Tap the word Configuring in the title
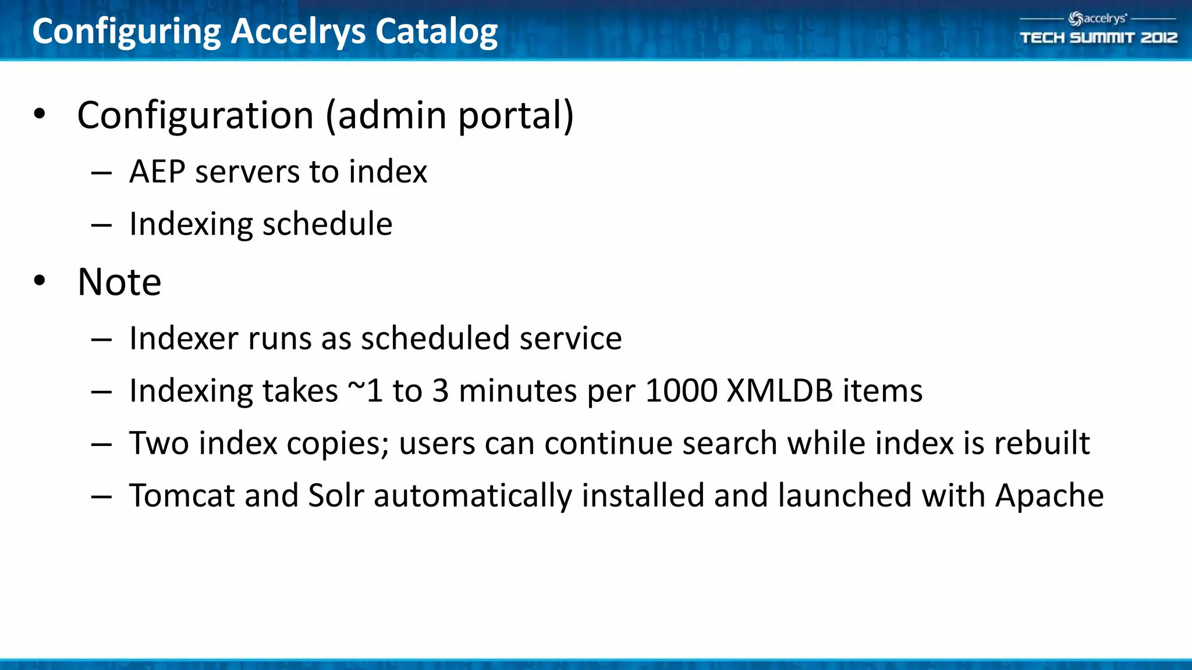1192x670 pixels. pyautogui.click(x=126, y=33)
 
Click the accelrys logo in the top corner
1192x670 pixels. pyautogui.click(x=1097, y=19)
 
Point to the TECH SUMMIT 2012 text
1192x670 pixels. pyautogui.click(x=1098, y=38)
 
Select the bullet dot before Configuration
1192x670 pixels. pyautogui.click(x=40, y=114)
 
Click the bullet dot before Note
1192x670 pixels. pyautogui.click(x=40, y=281)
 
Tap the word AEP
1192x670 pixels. pyautogui.click(x=157, y=172)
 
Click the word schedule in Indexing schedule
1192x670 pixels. pyautogui.click(x=327, y=224)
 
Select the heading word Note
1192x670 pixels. pyautogui.click(x=119, y=282)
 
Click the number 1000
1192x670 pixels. pyautogui.click(x=682, y=391)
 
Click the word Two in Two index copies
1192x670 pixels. pyautogui.click(x=159, y=443)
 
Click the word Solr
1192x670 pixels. pyautogui.click(x=336, y=496)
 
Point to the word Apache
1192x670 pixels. pyautogui.click(x=1049, y=496)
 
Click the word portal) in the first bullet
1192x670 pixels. pyautogui.click(x=516, y=115)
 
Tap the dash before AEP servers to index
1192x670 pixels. pyautogui.click(x=101, y=173)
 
